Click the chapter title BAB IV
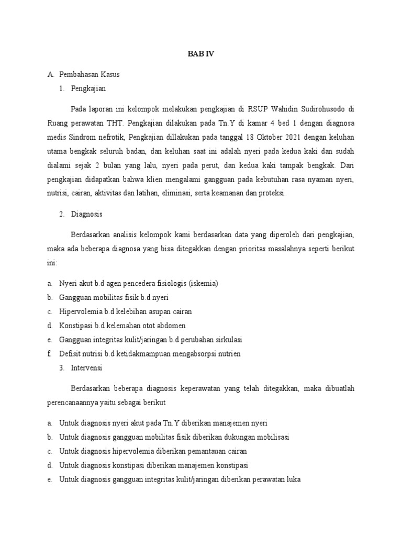pyautogui.click(x=201, y=54)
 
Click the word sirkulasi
pyautogui.click(x=226, y=340)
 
